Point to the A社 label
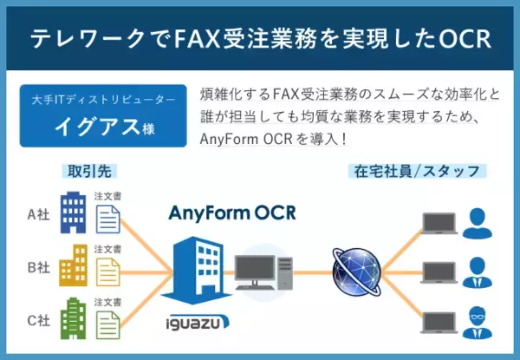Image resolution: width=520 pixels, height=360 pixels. (x=37, y=215)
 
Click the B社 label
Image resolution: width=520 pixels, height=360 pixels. (x=37, y=268)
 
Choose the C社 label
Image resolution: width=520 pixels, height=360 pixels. (x=37, y=320)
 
